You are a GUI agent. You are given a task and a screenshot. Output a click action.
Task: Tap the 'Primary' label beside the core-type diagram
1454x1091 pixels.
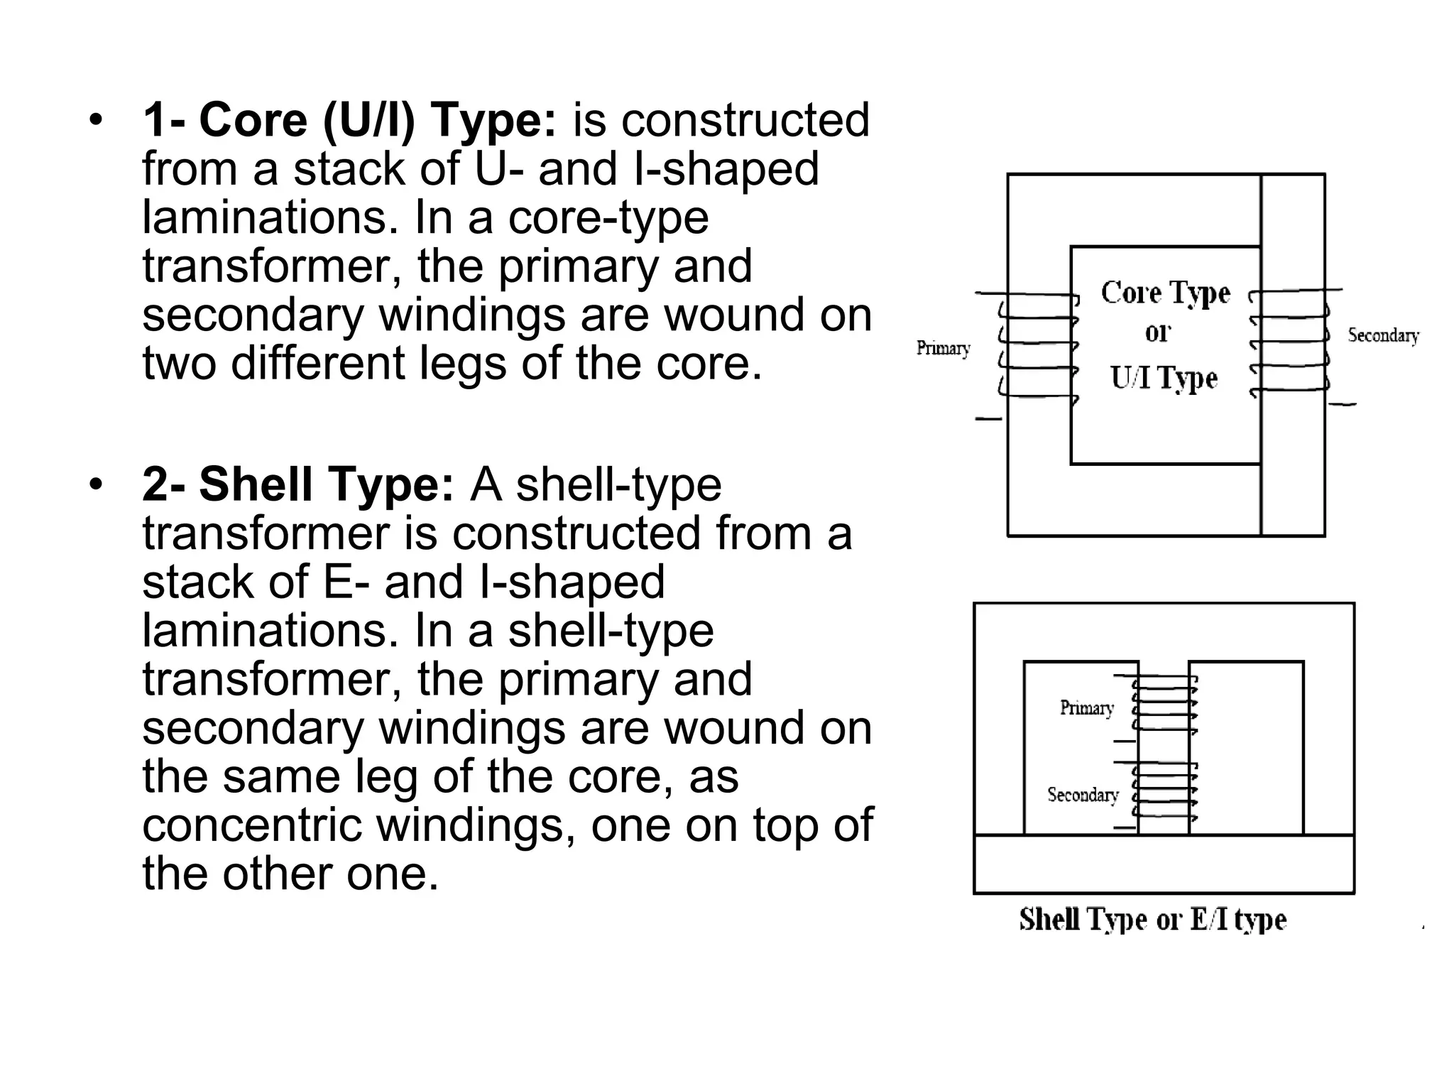[x=943, y=348]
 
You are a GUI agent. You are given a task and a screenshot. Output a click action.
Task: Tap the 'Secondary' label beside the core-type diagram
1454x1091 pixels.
[x=1383, y=335]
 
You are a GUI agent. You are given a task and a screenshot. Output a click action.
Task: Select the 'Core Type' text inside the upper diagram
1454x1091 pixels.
[x=1165, y=293]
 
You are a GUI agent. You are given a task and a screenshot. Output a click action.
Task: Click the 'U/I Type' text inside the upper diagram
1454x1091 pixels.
[x=1164, y=378]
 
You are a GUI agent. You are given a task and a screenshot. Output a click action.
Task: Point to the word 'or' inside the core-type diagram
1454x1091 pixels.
[x=1158, y=332]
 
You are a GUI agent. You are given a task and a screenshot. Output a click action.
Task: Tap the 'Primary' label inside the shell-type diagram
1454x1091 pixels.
[x=1086, y=707]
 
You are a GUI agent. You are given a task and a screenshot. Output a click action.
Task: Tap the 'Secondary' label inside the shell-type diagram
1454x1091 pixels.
[x=1083, y=794]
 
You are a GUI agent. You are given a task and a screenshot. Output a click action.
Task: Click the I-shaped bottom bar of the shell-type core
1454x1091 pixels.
[x=1164, y=864]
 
